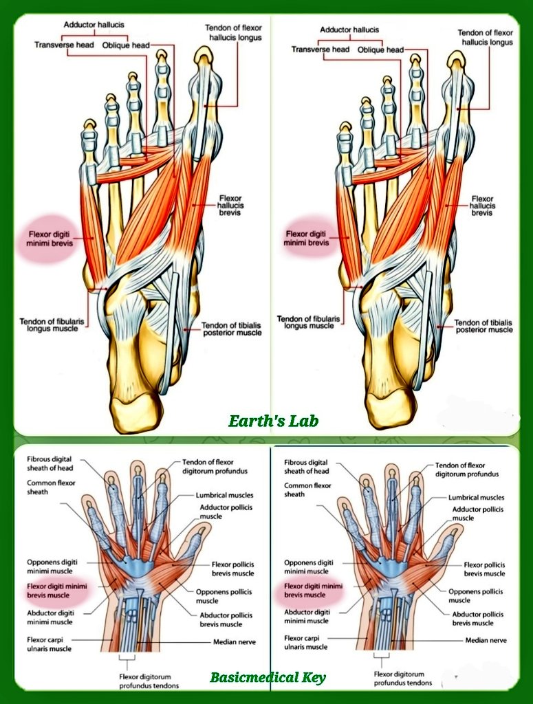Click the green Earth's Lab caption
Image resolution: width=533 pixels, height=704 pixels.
point(274,421)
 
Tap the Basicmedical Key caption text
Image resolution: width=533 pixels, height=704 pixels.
point(268,678)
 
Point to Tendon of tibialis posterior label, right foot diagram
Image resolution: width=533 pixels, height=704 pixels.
point(483,326)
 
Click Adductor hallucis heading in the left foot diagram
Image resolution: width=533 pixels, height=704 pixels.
point(94,25)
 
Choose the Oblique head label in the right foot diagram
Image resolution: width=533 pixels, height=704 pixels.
point(380,49)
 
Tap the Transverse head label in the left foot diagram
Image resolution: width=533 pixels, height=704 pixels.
point(65,45)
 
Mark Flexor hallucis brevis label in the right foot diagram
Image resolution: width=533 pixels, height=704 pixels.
point(482,206)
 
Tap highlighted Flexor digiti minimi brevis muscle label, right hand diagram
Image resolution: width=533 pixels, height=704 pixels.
point(313,590)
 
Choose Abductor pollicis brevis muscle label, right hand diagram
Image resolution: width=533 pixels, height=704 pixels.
point(477,619)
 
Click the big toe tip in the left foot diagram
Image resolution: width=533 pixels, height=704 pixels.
point(203,55)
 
